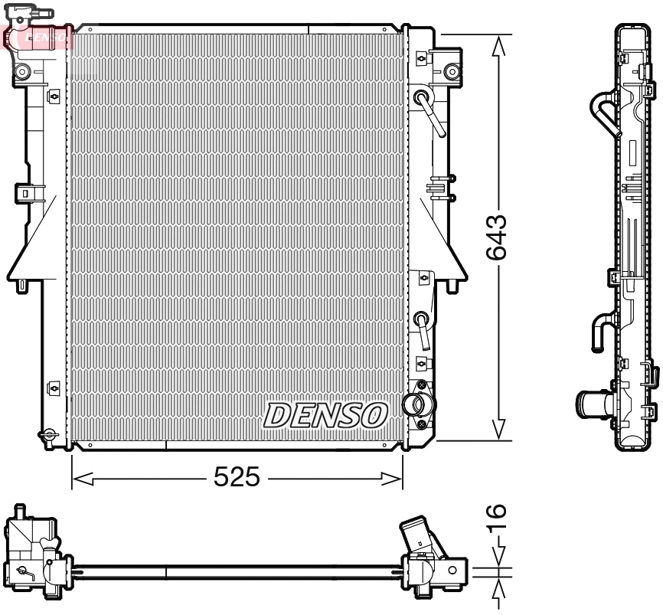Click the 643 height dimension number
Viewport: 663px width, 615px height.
pos(497,238)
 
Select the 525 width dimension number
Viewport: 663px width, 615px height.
pos(237,478)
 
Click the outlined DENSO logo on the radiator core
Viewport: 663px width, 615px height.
pos(325,414)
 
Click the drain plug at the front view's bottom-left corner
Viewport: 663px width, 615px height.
pos(50,434)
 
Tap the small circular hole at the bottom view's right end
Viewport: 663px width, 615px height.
pos(453,570)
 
